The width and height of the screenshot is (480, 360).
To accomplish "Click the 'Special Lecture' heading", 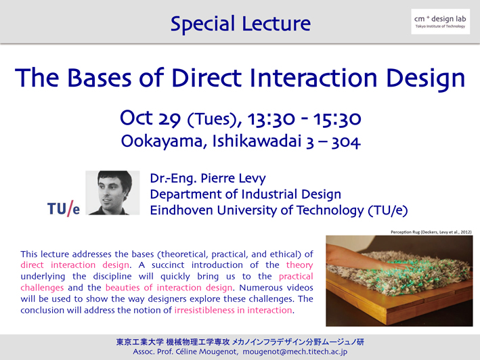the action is coord(240,24).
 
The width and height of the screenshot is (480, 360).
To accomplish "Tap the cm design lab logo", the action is coord(440,22).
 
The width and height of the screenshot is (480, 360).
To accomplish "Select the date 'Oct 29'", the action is coord(150,118).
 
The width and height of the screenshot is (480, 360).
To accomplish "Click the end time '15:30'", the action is coord(337,119).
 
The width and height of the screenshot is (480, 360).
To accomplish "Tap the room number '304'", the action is coord(346,142).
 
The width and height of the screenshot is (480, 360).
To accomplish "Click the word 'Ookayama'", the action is coord(162,141).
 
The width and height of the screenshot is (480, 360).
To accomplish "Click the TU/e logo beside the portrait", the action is coord(64,208).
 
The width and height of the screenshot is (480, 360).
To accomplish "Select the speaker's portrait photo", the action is coord(112,193).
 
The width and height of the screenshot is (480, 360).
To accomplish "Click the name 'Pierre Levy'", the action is coord(234,179).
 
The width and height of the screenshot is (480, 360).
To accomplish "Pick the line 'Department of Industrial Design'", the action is coord(246,194).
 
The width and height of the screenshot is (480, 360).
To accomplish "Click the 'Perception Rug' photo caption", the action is coord(431,232).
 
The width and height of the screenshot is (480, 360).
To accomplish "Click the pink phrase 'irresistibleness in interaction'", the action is coord(234,310).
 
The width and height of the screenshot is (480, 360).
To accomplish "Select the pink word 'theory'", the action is coord(299,265).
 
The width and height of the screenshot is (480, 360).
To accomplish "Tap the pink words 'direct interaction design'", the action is coord(74,265).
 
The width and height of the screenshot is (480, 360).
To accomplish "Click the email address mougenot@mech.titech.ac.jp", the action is coord(295,352).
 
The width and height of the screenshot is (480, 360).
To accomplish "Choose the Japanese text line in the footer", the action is coord(240,342).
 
